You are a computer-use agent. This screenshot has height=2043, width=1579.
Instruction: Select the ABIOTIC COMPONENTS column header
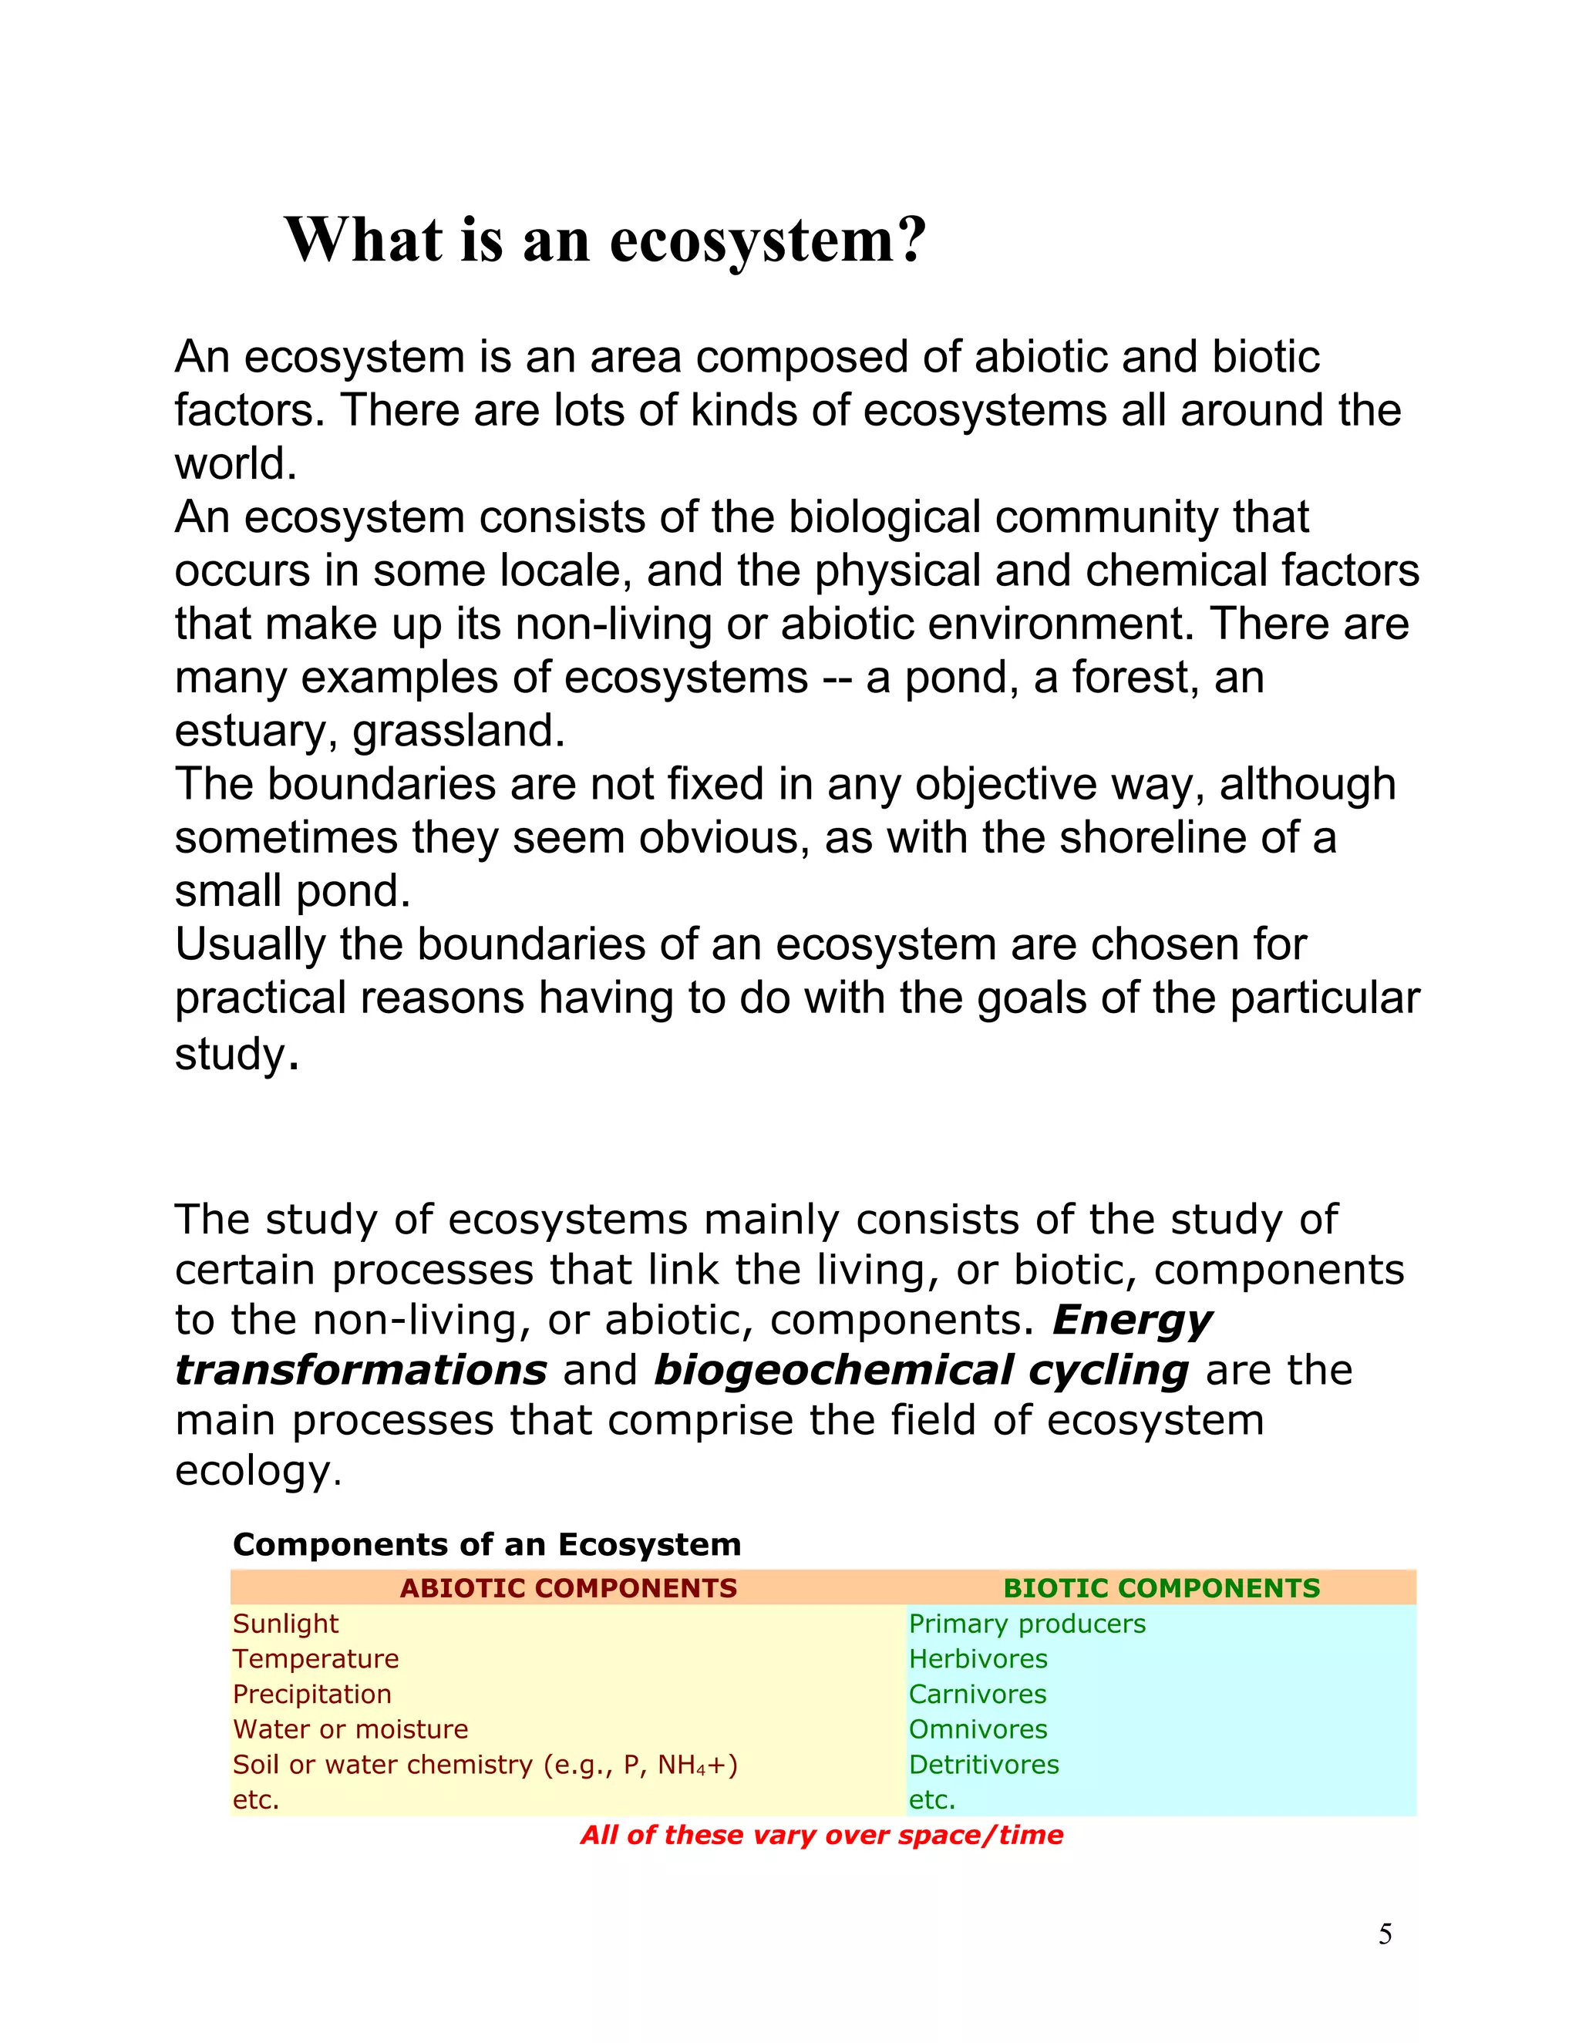pyautogui.click(x=567, y=1587)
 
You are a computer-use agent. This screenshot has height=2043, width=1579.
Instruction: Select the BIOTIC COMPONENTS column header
pyautogui.click(x=1161, y=1587)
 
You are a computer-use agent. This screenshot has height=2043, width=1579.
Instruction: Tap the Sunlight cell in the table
pyautogui.click(x=285, y=1624)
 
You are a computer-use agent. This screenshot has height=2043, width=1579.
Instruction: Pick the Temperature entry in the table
pyautogui.click(x=315, y=1658)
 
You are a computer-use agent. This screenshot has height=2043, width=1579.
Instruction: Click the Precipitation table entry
pyautogui.click(x=311, y=1694)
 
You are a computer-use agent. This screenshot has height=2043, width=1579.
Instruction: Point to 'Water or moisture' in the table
pyautogui.click(x=350, y=1728)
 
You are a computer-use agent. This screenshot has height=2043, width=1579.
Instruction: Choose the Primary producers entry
pyautogui.click(x=1026, y=1624)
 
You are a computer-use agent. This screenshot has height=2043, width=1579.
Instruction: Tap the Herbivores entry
pyautogui.click(x=978, y=1658)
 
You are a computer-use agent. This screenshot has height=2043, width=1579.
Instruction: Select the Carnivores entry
pyautogui.click(x=977, y=1694)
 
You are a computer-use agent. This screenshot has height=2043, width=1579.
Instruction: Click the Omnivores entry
pyautogui.click(x=978, y=1728)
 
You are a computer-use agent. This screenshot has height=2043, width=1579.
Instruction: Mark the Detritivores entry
pyautogui.click(x=983, y=1764)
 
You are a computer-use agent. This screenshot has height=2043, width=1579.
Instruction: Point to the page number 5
pyautogui.click(x=1385, y=1934)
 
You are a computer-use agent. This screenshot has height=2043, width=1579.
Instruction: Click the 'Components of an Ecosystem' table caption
pyautogui.click(x=486, y=1544)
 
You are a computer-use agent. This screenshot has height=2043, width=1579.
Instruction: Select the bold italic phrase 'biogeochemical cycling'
pyautogui.click(x=921, y=1371)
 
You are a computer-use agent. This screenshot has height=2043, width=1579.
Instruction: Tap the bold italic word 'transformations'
pyautogui.click(x=360, y=1371)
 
